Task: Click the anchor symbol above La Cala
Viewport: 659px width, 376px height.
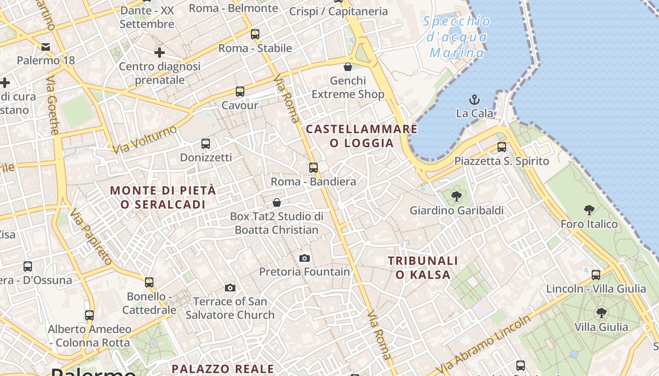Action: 474,100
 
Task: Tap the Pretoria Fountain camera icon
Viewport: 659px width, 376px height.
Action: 305,258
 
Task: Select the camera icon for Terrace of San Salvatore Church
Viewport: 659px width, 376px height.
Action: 230,288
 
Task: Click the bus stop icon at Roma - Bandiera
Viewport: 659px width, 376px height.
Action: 313,168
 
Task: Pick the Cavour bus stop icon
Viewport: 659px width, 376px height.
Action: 240,92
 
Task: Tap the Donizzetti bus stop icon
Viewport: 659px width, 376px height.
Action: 206,144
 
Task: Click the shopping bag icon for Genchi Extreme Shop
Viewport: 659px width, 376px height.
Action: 348,67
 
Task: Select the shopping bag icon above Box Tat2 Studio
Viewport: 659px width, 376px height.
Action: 277,203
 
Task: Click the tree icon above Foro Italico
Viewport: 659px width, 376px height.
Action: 589,210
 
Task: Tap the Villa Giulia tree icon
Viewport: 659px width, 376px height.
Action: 601,313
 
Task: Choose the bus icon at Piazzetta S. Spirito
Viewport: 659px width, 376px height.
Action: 502,147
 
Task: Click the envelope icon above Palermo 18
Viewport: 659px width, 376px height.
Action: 46,47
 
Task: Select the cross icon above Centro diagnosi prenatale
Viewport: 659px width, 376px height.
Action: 160,53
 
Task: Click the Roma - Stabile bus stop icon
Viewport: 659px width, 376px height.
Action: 255,34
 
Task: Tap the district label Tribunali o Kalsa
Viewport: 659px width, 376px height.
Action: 423,267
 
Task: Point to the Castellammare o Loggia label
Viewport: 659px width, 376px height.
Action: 362,136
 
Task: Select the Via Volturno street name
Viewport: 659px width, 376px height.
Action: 145,140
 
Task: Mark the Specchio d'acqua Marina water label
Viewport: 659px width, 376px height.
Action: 457,37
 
